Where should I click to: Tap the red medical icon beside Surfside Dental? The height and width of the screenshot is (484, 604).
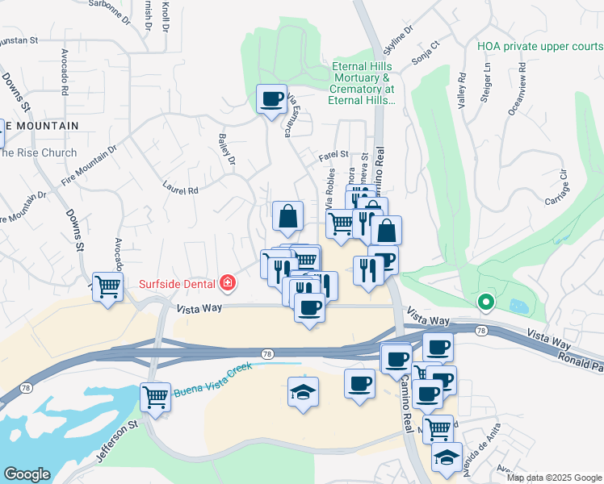pos(228,283)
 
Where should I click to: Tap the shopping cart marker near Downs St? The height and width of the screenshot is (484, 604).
pos(107,286)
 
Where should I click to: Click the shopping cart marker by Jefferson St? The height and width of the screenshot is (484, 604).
pos(155,396)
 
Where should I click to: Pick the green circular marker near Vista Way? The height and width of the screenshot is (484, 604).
pos(485,303)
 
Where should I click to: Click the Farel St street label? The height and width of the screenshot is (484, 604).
pos(333,153)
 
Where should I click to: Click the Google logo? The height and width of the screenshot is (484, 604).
pos(27,474)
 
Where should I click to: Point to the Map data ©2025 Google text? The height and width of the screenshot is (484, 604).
pos(553,477)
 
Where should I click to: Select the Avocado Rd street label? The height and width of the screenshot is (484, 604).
pos(64,73)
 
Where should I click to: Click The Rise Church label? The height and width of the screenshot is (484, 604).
pos(39,152)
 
